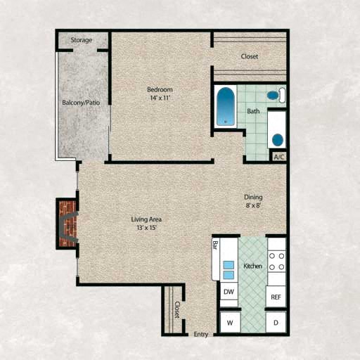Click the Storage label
click(81, 40)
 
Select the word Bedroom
click(160, 89)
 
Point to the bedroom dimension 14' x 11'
click(160, 98)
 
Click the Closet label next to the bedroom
click(250, 56)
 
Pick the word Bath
click(253, 111)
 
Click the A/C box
click(278, 157)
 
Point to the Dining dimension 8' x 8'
click(253, 206)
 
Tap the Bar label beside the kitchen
click(215, 247)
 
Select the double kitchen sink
click(229, 270)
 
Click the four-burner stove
click(277, 261)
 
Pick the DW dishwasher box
click(229, 291)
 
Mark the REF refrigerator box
click(276, 297)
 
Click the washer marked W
click(229, 323)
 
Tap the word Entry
click(201, 334)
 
